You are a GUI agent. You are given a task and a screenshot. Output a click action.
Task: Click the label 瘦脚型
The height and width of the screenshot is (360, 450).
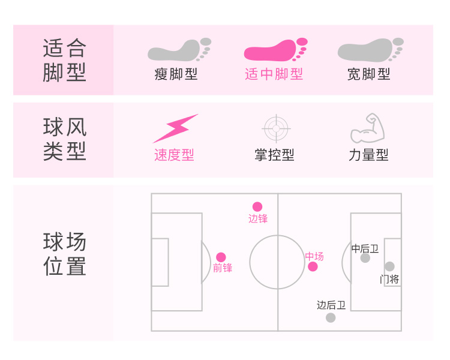coord(176,74)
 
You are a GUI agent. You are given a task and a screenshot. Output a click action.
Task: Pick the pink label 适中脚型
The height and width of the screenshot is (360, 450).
coord(274,74)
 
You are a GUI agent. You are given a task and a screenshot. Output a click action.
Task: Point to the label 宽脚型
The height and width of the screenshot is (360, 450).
coord(369,74)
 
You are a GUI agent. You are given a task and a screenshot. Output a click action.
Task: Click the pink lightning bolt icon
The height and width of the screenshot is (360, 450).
coord(175,128)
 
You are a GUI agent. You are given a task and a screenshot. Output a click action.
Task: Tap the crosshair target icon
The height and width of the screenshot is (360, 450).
coord(277,128)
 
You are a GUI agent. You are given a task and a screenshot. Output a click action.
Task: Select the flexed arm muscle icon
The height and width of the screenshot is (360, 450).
coord(367,128)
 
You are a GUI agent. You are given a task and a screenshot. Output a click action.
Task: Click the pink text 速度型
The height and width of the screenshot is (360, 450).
coord(174,155)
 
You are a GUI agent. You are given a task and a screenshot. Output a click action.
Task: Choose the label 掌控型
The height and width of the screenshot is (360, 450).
coord(274,155)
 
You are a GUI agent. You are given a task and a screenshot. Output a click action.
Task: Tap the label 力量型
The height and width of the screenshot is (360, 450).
coord(368,155)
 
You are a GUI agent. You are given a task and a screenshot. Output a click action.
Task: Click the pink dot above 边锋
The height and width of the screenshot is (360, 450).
coord(257,206)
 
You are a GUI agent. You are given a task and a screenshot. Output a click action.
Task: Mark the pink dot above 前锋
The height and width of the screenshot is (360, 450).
coord(221,257)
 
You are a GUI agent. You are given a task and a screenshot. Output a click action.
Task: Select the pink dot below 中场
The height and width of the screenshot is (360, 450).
coord(313,266)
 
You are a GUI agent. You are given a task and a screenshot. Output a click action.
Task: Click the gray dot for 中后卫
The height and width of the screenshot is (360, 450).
coord(365,258)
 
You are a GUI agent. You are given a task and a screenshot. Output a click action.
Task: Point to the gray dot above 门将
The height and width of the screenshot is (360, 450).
coord(389,266)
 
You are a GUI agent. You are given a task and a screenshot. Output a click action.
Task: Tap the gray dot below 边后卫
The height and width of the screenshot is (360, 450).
coord(331,317)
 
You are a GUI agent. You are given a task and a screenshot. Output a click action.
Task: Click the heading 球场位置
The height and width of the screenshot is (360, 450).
coord(65,254)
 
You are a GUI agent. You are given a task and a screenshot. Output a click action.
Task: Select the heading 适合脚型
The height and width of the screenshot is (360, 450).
coord(65,60)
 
